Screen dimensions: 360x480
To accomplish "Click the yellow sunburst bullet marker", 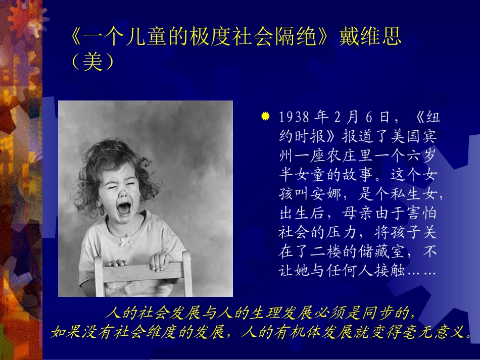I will pos(265,117).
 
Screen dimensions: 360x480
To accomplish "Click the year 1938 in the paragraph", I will pos(294,118).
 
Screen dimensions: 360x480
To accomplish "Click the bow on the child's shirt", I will pos(125,241).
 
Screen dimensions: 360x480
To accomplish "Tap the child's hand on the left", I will pos(116,263).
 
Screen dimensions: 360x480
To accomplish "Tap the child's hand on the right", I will pos(161,260).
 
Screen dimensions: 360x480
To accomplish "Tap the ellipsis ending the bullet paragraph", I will pos(422,271).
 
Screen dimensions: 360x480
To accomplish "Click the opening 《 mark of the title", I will pos(75,37).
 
